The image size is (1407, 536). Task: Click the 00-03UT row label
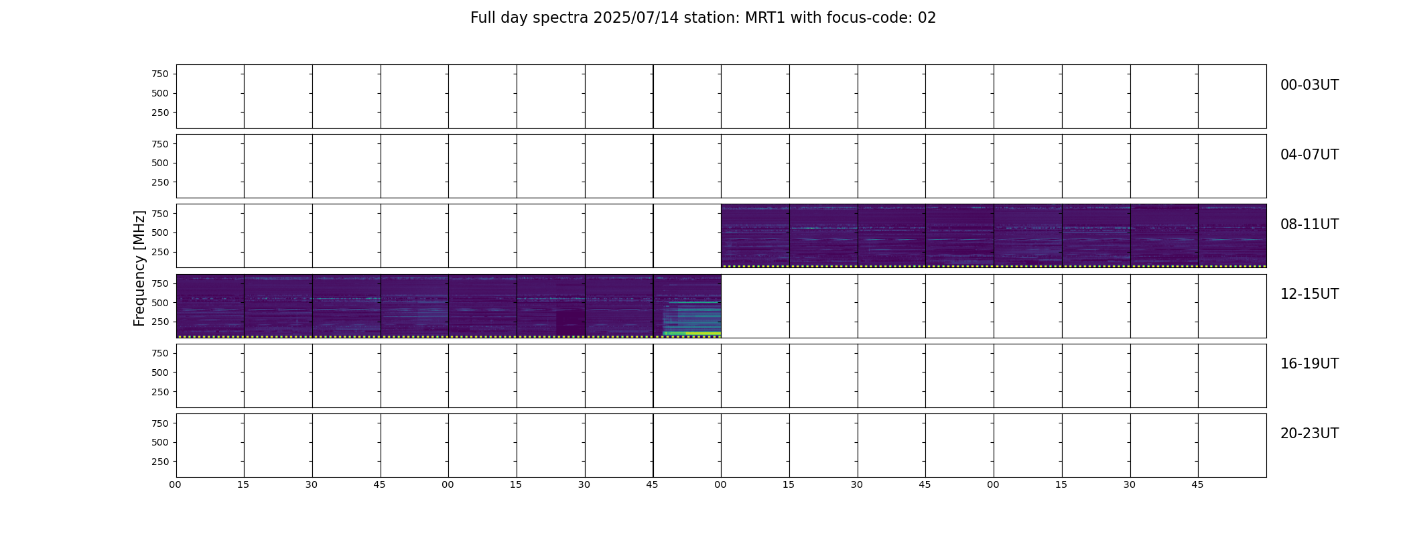[1309, 85]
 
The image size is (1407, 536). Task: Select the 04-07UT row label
[1309, 155]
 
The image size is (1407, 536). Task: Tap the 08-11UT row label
[1309, 224]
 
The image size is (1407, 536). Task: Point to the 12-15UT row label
[1309, 294]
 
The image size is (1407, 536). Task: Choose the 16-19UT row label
[1309, 364]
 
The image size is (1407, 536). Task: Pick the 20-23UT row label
[1309, 433]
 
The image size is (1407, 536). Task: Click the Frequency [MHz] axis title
[139, 269]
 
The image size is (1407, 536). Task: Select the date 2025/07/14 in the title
[635, 18]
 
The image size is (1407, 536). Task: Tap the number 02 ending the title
[927, 18]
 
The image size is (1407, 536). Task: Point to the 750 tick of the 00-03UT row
[160, 74]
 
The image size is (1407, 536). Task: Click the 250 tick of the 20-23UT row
[160, 462]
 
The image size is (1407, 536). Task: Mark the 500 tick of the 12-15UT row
[160, 303]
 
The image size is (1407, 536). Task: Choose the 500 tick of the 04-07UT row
[160, 163]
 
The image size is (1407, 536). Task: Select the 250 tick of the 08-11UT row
[160, 253]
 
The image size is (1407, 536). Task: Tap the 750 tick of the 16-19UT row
[160, 353]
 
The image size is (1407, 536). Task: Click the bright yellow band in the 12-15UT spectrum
[703, 333]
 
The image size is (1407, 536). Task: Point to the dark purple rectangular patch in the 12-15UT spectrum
[570, 322]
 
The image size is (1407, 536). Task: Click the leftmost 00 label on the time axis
[176, 484]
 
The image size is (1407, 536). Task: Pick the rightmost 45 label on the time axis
[1197, 484]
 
